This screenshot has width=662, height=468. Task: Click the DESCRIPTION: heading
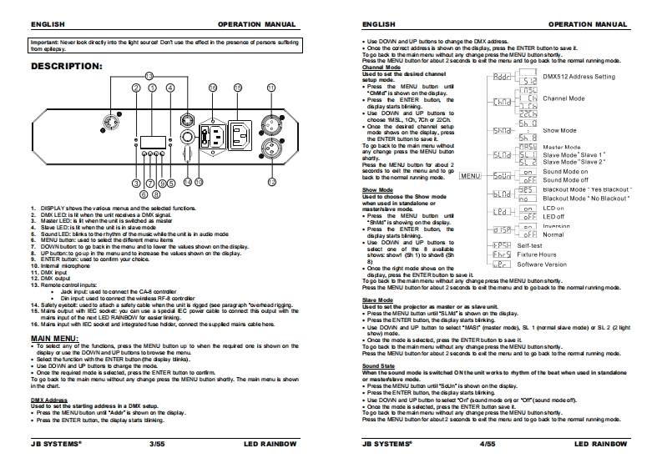coord(67,65)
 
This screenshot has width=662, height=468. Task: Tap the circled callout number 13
coord(149,75)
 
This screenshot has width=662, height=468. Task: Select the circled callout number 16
coord(213,88)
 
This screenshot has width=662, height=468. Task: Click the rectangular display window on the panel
coord(151,140)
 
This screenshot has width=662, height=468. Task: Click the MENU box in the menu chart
coord(471,176)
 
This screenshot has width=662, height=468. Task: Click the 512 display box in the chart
coord(528,81)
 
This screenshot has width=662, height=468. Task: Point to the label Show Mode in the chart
coord(559,131)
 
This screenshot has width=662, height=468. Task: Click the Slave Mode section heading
coord(378,299)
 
